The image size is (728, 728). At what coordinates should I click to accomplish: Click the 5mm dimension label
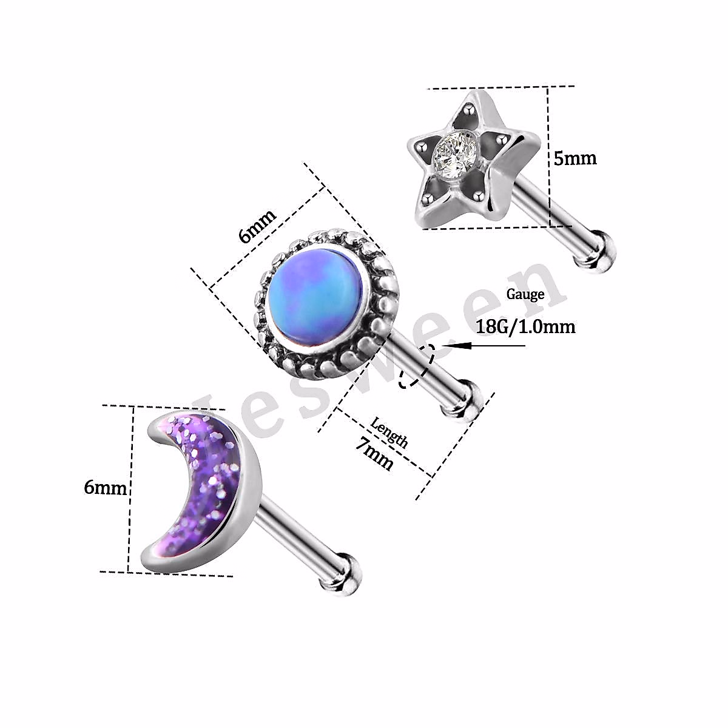pos(575,158)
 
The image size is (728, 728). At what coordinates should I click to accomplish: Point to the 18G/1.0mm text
pos(525,326)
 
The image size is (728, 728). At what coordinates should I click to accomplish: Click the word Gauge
pos(525,294)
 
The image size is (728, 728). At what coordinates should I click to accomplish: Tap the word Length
pos(389,431)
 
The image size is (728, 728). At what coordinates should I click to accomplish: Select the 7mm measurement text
pos(375,454)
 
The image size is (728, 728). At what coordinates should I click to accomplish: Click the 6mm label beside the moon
pos(106,487)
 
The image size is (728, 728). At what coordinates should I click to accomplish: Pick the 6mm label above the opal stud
pos(257,226)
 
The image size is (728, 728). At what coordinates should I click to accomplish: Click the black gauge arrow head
pos(453,345)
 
